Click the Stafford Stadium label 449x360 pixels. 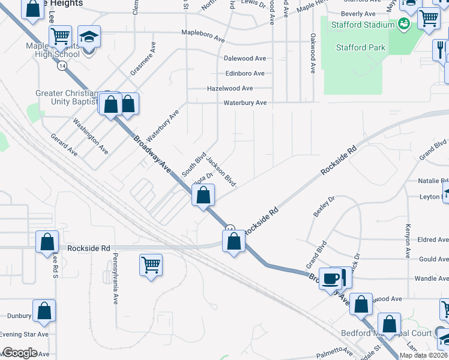click(x=363, y=25)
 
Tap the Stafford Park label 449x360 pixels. click(x=361, y=47)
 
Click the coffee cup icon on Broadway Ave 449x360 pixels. click(x=331, y=278)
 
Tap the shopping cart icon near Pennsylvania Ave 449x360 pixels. click(x=151, y=264)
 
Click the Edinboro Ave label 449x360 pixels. click(x=245, y=73)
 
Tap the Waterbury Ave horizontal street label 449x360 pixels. click(x=245, y=103)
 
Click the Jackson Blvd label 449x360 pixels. click(x=221, y=171)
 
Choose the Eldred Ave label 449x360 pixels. click(x=433, y=239)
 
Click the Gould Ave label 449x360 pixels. click(x=433, y=259)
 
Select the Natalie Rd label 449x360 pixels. click(x=432, y=181)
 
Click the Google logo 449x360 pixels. click(x=20, y=353)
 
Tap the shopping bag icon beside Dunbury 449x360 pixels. click(x=44, y=311)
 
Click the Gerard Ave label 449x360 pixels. click(x=64, y=145)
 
